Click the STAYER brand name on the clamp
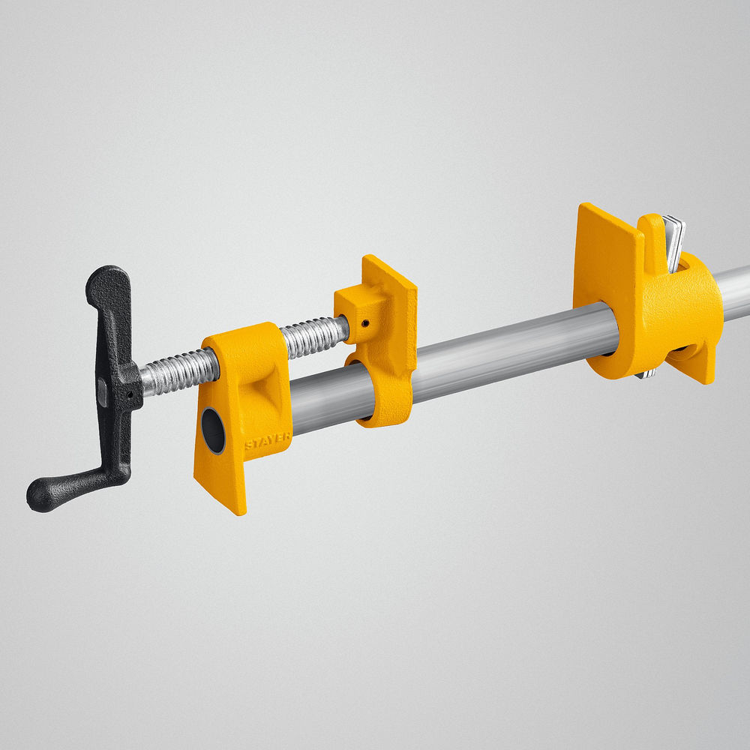pyautogui.click(x=267, y=443)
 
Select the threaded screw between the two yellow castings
pyautogui.click(x=311, y=337)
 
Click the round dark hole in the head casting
pyautogui.click(x=214, y=430)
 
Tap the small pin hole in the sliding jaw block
pyautogui.click(x=364, y=324)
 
